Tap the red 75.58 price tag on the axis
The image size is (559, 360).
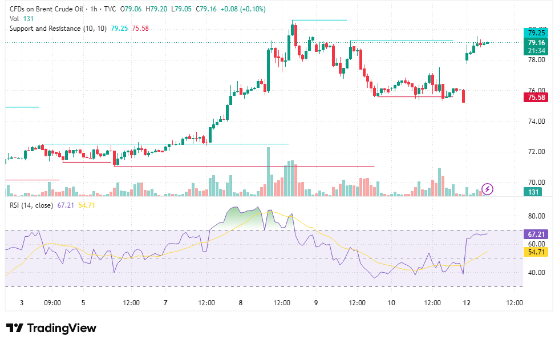point(536,98)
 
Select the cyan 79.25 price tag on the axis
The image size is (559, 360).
point(536,33)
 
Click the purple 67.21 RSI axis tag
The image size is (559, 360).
point(536,234)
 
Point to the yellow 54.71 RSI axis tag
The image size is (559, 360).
point(536,252)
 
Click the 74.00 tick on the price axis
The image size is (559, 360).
point(537,121)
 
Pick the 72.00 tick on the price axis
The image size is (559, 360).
point(537,152)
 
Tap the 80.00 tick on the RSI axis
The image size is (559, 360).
point(537,216)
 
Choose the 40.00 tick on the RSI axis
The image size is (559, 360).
point(537,272)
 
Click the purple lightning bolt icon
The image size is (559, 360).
point(487,189)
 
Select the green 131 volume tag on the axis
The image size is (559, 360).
point(533,192)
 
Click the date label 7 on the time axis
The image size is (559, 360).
point(165,302)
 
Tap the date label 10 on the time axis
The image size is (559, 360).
point(391,302)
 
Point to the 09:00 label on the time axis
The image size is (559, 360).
point(52,302)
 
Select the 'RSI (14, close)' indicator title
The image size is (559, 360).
point(31,205)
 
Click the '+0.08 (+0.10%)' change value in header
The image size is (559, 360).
point(243,9)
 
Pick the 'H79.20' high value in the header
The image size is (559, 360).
point(156,9)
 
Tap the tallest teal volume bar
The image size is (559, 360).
point(269,172)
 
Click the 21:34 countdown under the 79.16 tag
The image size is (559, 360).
point(536,51)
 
